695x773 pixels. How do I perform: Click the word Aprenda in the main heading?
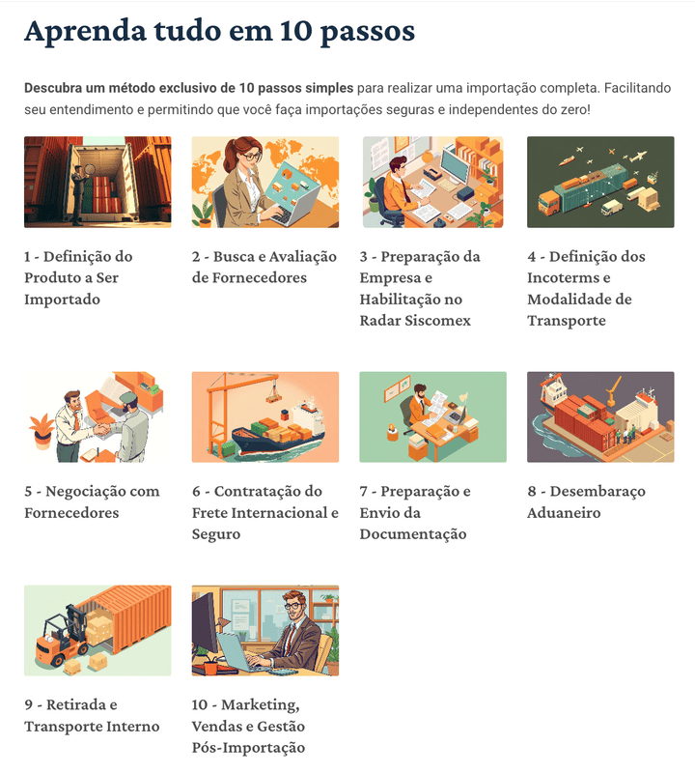click(85, 32)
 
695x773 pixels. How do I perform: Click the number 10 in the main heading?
click(295, 31)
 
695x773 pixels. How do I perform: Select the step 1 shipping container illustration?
click(97, 182)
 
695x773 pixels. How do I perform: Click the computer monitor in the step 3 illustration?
click(454, 166)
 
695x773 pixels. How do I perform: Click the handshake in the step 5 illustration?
click(101, 430)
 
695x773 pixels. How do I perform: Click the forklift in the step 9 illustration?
click(60, 637)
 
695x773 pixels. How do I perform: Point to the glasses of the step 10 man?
click(294, 605)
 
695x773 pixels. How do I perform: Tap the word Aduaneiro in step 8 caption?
click(564, 513)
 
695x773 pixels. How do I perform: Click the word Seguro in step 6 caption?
click(216, 535)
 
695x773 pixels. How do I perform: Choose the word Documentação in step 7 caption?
click(413, 535)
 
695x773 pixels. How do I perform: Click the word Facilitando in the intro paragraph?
click(637, 88)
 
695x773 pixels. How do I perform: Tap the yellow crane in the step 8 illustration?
click(612, 389)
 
